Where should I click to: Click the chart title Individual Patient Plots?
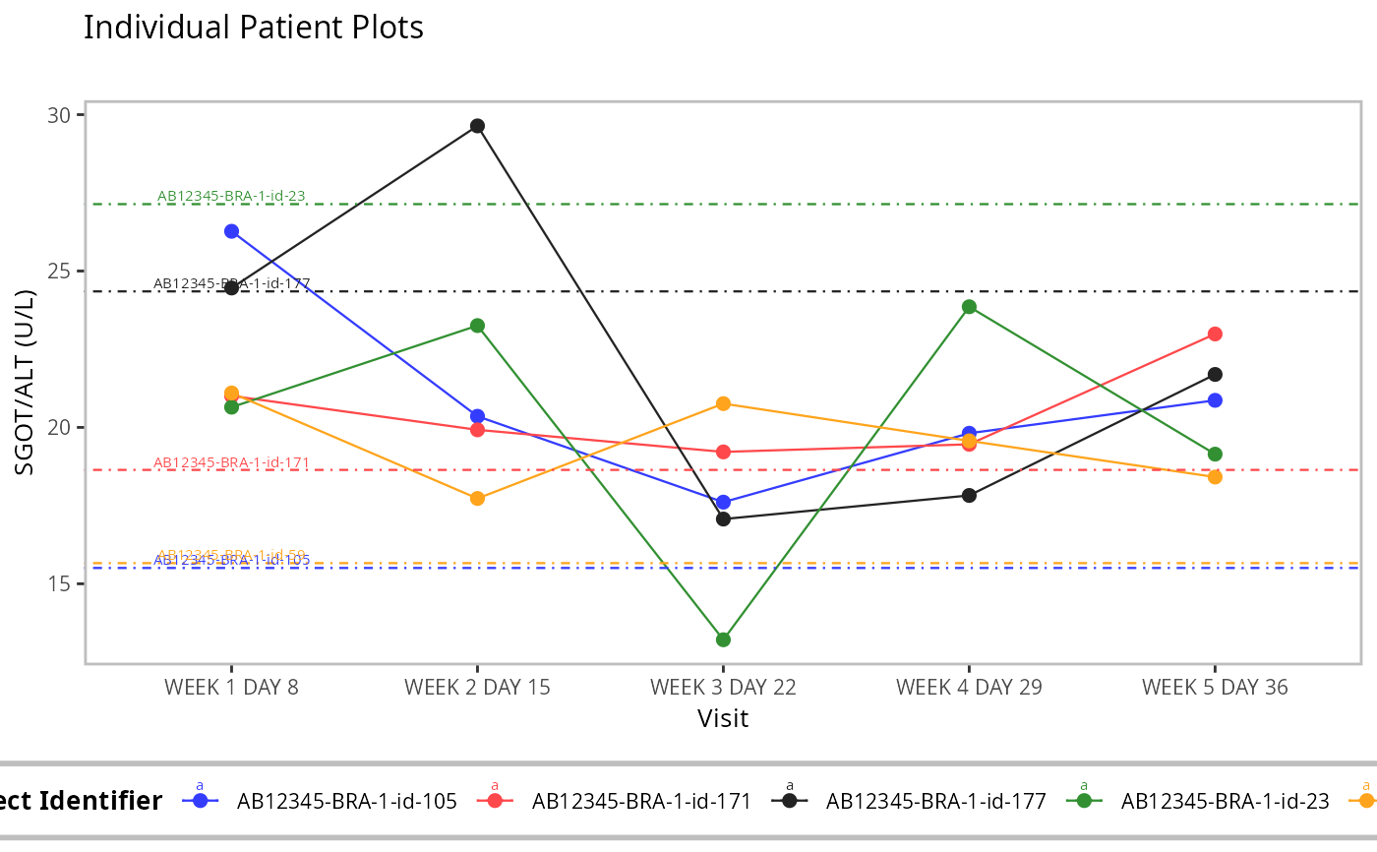click(254, 28)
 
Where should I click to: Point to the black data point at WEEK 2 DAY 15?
click(477, 126)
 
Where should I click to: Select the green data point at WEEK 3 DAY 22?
click(723, 639)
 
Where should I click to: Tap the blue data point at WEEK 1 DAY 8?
click(231, 231)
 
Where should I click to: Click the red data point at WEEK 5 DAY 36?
click(1215, 334)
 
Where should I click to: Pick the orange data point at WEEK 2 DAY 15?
click(477, 499)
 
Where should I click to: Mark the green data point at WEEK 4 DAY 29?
click(969, 307)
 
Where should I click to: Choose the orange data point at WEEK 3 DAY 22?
click(723, 403)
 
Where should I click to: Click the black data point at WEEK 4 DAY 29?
click(969, 495)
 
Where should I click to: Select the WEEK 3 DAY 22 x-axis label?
click(723, 687)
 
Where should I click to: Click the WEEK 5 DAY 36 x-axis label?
click(1215, 687)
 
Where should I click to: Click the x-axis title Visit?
click(723, 718)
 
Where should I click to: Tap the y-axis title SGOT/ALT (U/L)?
click(26, 383)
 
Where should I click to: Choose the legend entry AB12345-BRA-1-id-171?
click(641, 801)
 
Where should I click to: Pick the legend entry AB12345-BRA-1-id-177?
click(935, 801)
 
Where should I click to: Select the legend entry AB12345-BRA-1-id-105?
click(346, 801)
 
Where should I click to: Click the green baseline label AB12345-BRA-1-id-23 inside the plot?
click(231, 196)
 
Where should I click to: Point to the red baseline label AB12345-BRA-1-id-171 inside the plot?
click(231, 462)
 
